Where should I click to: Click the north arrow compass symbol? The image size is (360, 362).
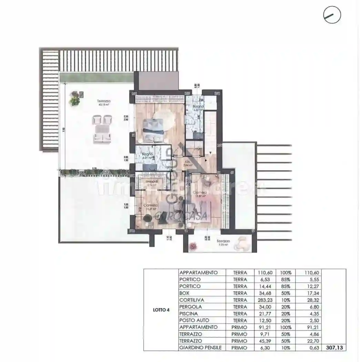tap(332, 15)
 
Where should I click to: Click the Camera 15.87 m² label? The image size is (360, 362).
tap(199, 194)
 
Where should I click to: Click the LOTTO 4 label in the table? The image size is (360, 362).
tap(161, 310)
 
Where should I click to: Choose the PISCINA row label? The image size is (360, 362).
tap(188, 314)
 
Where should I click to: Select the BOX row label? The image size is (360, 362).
tap(184, 293)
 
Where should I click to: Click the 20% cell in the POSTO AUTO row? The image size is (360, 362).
tap(285, 320)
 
